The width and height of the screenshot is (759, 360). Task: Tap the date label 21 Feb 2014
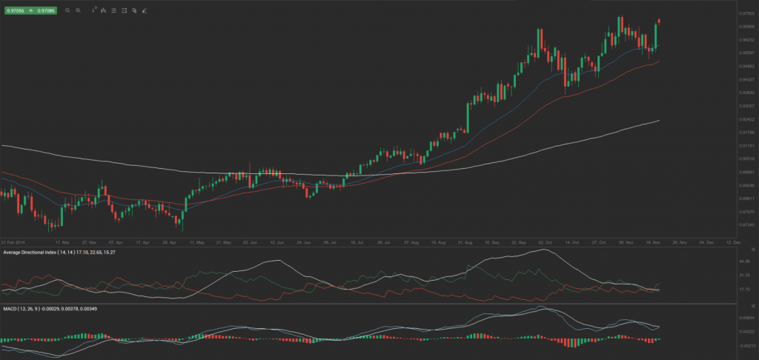[13, 241]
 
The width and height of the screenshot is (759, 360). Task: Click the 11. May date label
[197, 241]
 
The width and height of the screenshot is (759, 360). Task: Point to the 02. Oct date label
[546, 241]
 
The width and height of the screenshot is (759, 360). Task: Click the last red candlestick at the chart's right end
[660, 21]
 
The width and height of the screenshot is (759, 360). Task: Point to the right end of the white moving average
[660, 120]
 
